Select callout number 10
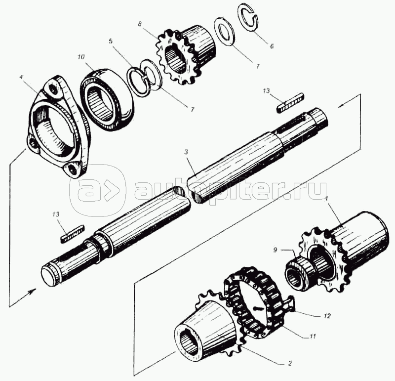pyautogui.click(x=81, y=57)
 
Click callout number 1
pyautogui.click(x=326, y=198)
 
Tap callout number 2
pyautogui.click(x=290, y=363)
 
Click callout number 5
pyautogui.click(x=113, y=49)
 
